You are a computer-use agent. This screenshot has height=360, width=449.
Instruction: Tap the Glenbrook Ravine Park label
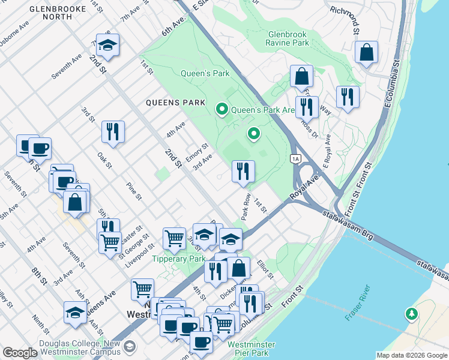tap(288, 39)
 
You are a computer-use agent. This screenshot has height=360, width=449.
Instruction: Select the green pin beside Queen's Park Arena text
tap(221, 109)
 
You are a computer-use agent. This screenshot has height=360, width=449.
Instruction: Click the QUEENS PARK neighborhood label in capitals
tap(172, 103)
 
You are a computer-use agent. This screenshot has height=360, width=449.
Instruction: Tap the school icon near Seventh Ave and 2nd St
tap(108, 46)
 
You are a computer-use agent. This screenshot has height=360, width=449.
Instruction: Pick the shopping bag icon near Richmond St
tap(366, 52)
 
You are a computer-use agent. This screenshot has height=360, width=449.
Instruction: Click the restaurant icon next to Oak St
tap(113, 131)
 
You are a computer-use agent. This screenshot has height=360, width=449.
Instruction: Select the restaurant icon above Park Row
tap(243, 171)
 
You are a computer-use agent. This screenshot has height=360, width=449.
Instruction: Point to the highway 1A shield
tap(295, 158)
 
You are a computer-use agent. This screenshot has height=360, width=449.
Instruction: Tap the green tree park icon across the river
tap(411, 313)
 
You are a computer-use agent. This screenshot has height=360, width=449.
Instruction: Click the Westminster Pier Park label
tap(252, 349)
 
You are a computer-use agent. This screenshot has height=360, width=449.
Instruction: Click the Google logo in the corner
tap(20, 353)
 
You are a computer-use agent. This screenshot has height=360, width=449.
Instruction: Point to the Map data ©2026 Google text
tap(411, 355)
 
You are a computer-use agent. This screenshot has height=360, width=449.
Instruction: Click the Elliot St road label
tap(265, 268)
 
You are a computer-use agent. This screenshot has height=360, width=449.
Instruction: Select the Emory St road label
tap(197, 148)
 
